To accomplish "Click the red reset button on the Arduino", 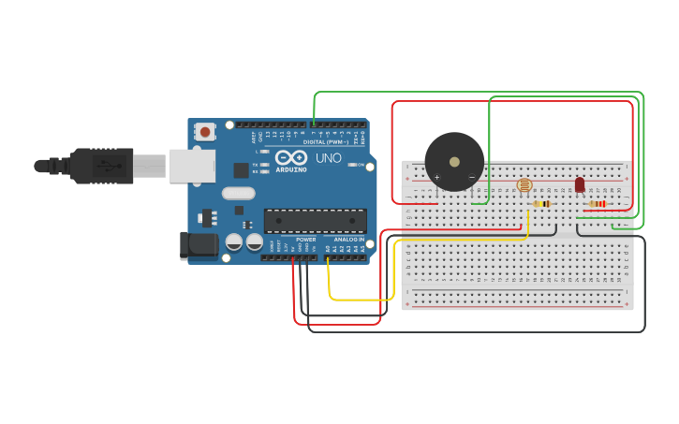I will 205,132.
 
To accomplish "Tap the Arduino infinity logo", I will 290,158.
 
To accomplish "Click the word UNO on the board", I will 329,158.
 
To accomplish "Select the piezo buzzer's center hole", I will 454,161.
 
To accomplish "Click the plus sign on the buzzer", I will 436,177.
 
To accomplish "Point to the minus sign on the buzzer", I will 471,177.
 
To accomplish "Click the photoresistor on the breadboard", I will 524,185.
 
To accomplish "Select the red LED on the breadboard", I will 580,183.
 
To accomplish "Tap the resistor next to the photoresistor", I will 542,203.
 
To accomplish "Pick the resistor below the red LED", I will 597,203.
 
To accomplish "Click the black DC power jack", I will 199,245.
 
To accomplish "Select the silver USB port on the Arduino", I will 192,167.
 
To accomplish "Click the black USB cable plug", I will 103,166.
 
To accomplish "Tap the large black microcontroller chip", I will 315,220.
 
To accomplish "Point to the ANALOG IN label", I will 349,240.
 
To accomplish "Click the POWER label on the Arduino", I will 306,240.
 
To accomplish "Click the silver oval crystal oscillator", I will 238,194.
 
